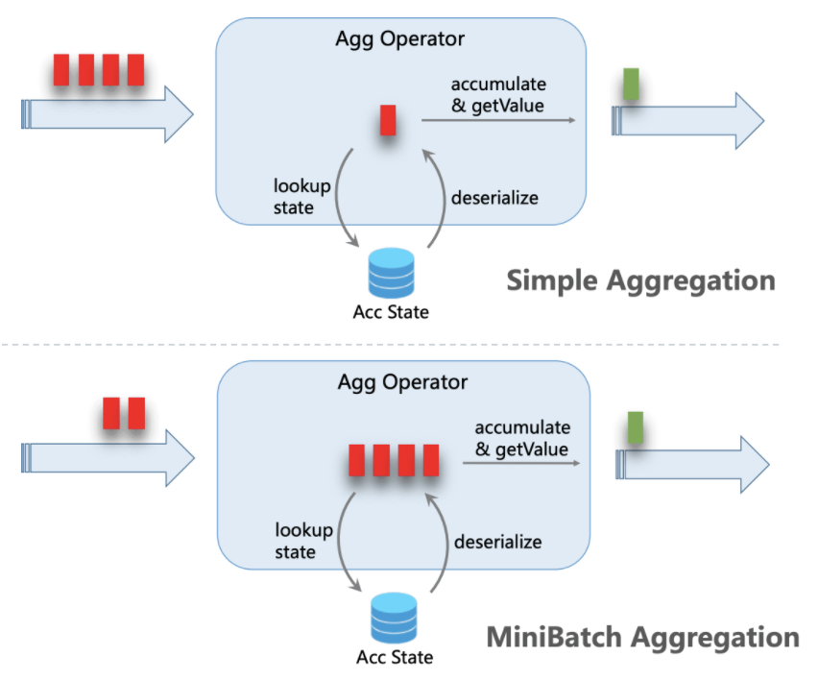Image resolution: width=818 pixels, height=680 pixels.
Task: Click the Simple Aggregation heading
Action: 639,280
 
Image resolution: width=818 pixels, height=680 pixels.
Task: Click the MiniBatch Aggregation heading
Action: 642,636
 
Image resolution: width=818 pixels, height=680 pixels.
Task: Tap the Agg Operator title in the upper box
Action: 399,39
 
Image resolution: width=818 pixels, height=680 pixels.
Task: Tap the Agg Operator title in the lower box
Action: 402,381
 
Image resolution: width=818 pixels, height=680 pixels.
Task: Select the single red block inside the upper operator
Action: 387,120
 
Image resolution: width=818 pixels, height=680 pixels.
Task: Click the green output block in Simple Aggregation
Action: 631,85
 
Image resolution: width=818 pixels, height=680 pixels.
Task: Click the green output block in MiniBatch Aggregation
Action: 634,427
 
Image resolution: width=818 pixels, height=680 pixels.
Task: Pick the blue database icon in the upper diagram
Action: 391,273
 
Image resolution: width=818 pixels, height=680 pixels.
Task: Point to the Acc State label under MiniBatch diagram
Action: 394,658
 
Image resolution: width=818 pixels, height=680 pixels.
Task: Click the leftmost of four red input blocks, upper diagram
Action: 62,70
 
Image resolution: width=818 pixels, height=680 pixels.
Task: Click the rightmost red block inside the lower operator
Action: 431,460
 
